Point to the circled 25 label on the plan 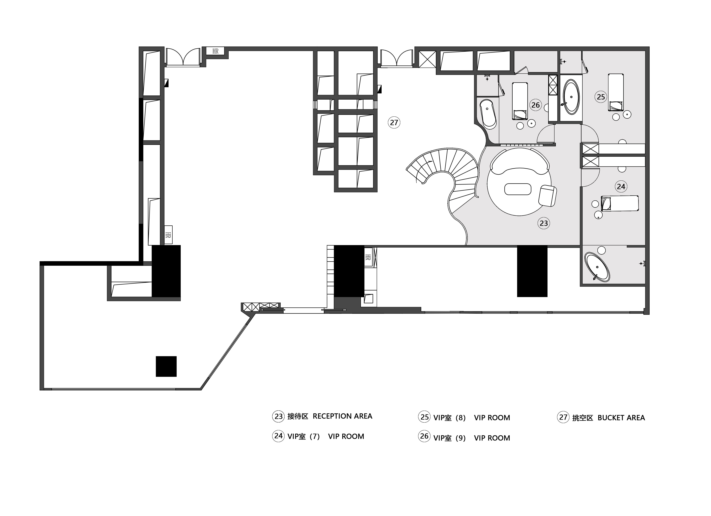point(601,97)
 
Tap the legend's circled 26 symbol point(424,436)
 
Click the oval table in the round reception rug point(518,189)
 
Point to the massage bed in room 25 point(616,92)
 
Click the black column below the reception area point(532,271)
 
